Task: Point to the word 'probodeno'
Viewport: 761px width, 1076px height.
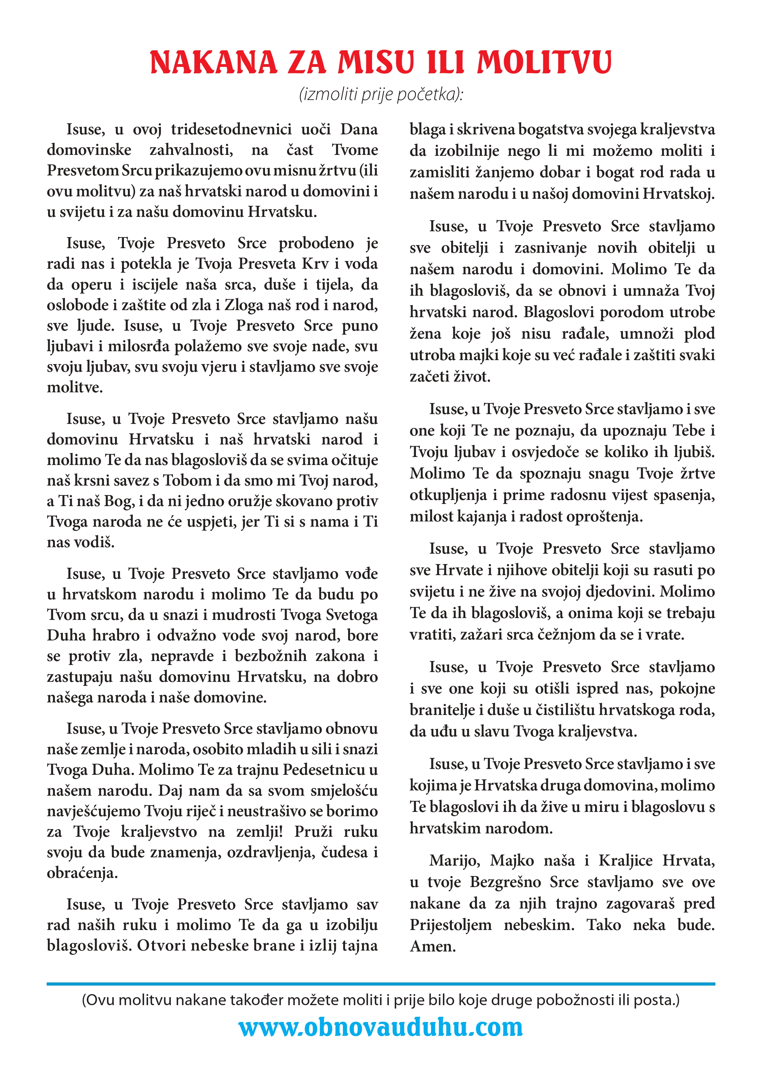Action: pos(316,243)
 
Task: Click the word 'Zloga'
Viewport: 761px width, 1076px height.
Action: pos(244,305)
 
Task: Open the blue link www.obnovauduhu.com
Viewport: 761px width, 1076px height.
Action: pos(380,1028)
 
